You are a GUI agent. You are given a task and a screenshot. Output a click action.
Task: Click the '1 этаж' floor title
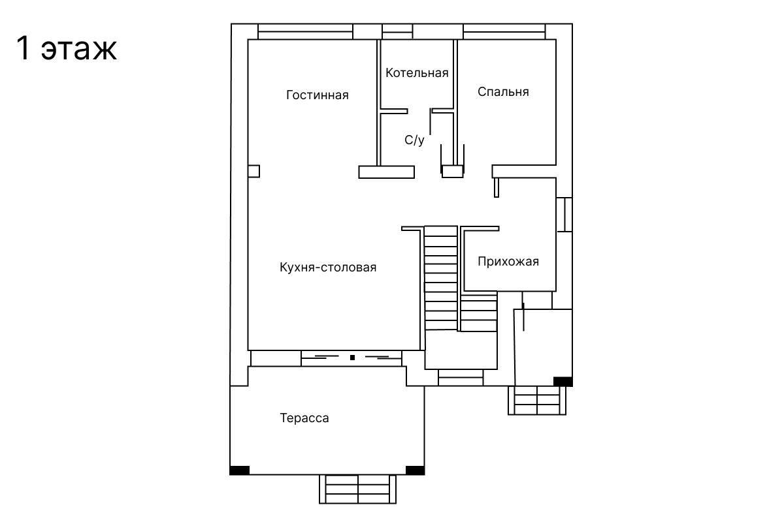coord(67,48)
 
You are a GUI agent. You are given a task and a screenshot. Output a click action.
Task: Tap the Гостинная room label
coord(318,95)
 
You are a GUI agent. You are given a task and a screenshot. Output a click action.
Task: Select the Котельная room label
coord(417,73)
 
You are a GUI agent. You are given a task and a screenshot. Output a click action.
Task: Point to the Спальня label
coord(503,92)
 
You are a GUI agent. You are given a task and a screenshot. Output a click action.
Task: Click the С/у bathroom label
coord(414,140)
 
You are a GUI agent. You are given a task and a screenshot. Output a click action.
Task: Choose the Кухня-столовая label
coord(328,268)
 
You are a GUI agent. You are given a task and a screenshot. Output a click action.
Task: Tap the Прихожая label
coord(508,262)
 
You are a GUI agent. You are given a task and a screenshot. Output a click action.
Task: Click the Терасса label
coord(304,418)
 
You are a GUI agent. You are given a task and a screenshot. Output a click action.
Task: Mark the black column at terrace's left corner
coord(240,470)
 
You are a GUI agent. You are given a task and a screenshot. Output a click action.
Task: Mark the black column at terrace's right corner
coord(415,470)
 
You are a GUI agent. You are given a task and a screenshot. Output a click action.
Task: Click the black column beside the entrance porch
coord(563,382)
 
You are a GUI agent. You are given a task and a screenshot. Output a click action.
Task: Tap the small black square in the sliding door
coord(352,358)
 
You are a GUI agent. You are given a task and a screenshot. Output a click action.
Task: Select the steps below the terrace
coord(358,489)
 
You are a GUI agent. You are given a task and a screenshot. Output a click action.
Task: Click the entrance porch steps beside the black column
coord(537,401)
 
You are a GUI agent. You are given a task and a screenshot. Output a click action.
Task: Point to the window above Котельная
coord(397,31)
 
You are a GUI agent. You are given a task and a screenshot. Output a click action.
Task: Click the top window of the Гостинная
coord(305,31)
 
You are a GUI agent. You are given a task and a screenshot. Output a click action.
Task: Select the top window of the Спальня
coord(504,31)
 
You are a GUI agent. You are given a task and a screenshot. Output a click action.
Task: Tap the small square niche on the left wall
coord(253,172)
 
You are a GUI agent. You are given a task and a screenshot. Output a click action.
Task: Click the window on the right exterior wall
coord(564,215)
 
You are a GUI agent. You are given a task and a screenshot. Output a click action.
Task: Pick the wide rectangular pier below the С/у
coord(386,172)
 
